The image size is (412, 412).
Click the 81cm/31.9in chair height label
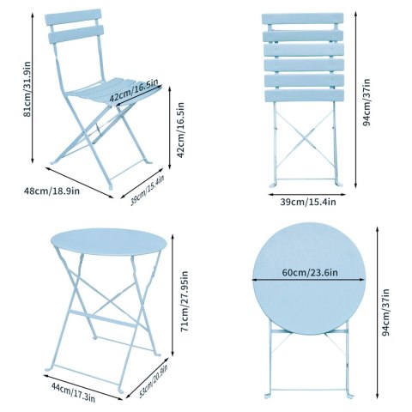pyautogui.click(x=27, y=89)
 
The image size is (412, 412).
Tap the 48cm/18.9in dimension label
pyautogui.click(x=51, y=191)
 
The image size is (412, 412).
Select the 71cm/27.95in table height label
pyautogui.click(x=185, y=301)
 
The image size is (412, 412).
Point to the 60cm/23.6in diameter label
pyautogui.click(x=310, y=272)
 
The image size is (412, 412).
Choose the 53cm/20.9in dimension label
pyautogui.click(x=154, y=381)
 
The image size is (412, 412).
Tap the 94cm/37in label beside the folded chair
pyautogui.click(x=366, y=102)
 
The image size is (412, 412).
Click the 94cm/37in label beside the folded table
pyautogui.click(x=385, y=312)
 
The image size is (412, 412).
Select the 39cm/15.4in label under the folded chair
pyautogui.click(x=308, y=202)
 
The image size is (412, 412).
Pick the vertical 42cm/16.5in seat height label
pyautogui.click(x=180, y=130)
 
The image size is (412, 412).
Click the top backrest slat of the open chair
pyautogui.click(x=73, y=16)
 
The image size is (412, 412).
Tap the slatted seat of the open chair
pyautogui.click(x=113, y=90)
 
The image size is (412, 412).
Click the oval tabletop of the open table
pyautogui.click(x=109, y=241)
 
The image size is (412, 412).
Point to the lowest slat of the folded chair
pyautogui.click(x=305, y=95)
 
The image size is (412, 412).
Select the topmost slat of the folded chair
pyautogui.click(x=303, y=19)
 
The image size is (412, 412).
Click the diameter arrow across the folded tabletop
pyautogui.click(x=309, y=280)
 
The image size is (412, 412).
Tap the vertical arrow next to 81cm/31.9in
pyautogui.click(x=33, y=88)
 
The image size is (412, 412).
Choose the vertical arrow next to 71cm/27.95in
pyautogui.click(x=173, y=295)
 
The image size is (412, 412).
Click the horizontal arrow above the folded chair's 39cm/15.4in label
pyautogui.click(x=307, y=195)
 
